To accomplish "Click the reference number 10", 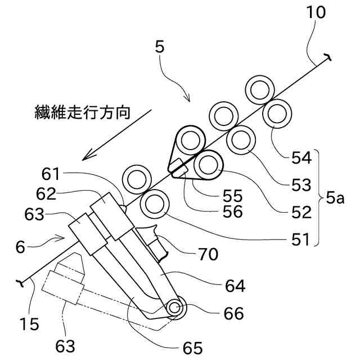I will coord(316,12).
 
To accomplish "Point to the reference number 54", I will coord(301,157).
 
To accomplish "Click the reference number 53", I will coord(301,184).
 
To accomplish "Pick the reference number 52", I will coord(301,212).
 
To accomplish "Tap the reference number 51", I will coord(300,240).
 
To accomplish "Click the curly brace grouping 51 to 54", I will coord(318,198).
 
